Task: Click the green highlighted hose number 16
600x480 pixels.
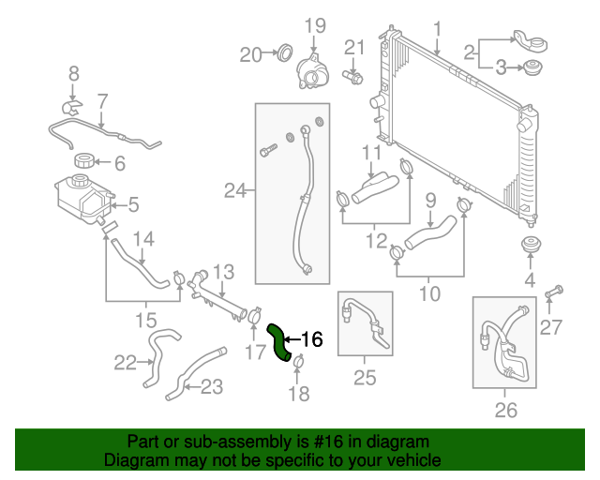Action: coord(279,341)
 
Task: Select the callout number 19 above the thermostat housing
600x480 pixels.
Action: coord(314,24)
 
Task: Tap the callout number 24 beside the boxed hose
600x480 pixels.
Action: coord(235,191)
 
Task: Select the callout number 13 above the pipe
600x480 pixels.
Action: coord(221,272)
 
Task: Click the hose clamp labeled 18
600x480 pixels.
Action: coord(297,363)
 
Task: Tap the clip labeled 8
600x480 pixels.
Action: coord(73,96)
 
